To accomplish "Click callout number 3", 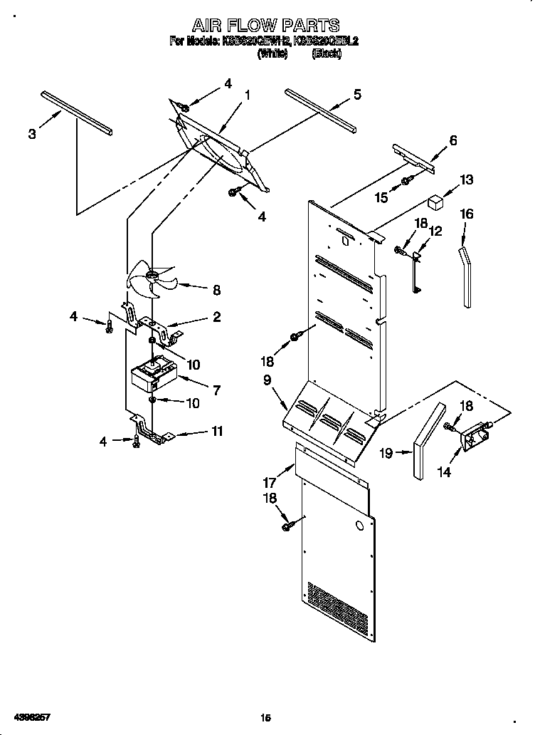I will pyautogui.click(x=32, y=135).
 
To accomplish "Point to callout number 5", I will pyautogui.click(x=356, y=93).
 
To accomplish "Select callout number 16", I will pyautogui.click(x=466, y=214).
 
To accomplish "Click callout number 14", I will pyautogui.click(x=444, y=471).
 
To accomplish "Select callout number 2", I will pyautogui.click(x=216, y=317).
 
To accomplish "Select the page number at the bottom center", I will pyautogui.click(x=265, y=719).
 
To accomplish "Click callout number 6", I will pyautogui.click(x=452, y=140).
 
